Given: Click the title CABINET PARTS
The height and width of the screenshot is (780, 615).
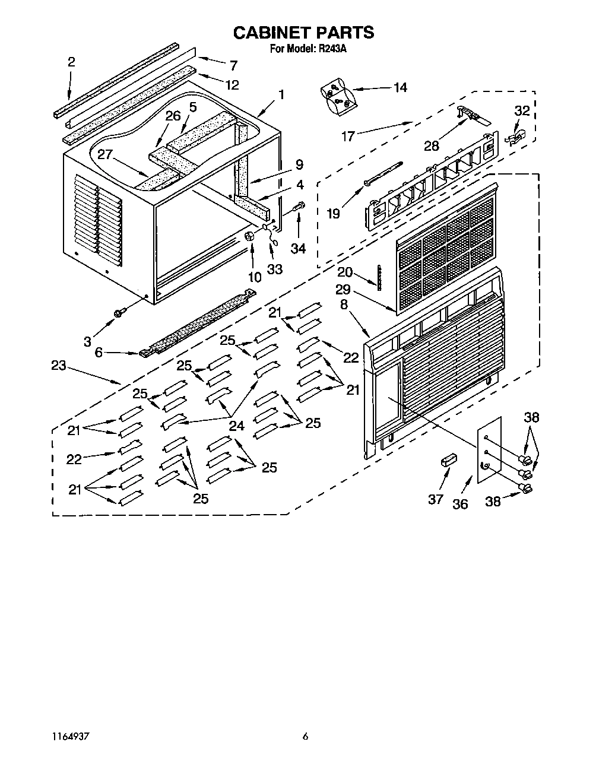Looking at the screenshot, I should [303, 33].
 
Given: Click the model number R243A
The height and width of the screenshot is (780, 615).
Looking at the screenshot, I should [332, 49].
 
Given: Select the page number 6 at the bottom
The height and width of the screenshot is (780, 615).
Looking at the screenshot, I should [305, 736].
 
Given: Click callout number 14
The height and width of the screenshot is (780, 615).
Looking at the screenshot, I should [400, 88].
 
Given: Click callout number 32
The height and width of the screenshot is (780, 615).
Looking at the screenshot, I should [522, 110].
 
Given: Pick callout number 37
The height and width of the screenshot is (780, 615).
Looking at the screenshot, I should [436, 499].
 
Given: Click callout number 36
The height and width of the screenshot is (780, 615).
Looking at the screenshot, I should [460, 504].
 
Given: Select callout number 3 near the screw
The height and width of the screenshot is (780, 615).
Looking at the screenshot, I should [88, 341].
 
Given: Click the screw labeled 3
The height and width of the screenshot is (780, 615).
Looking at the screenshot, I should [119, 312].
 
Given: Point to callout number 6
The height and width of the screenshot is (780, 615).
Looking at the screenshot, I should [99, 353].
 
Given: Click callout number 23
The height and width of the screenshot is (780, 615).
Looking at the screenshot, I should [58, 366].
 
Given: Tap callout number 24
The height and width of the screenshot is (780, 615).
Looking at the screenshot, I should [237, 425].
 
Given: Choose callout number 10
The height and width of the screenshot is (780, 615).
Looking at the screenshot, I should [254, 277].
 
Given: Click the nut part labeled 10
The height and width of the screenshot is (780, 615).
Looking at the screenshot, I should [250, 236].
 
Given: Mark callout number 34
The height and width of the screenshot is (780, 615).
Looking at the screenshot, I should [298, 249].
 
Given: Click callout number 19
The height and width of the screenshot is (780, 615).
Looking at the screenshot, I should [334, 213].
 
